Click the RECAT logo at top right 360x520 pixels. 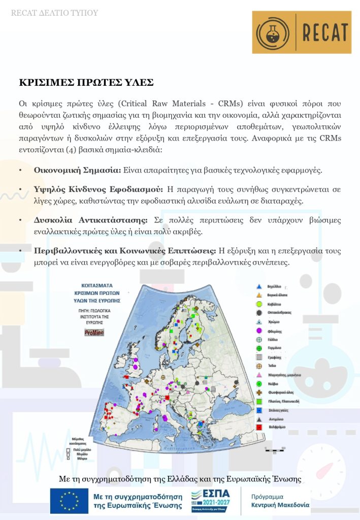tap(302, 32)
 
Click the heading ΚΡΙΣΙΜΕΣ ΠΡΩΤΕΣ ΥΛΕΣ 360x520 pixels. tap(86, 82)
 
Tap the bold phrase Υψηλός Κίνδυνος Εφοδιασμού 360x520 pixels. tap(97, 189)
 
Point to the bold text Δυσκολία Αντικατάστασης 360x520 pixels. tap(90, 220)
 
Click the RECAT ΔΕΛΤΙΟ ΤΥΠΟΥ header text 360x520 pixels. tap(54, 13)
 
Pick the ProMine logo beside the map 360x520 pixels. tap(93, 333)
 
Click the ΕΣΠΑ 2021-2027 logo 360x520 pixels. tap(211, 501)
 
